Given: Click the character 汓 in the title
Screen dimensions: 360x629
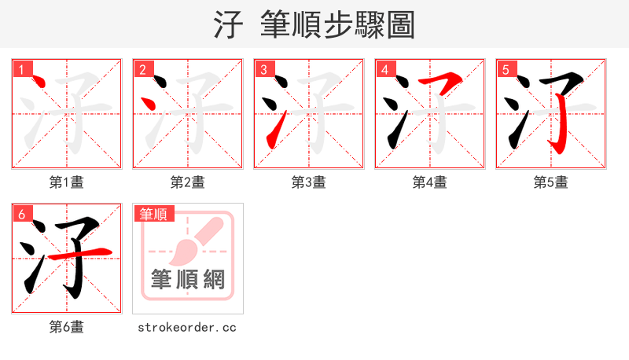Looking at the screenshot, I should click(229, 24).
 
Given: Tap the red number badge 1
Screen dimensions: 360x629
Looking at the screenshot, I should click(21, 69).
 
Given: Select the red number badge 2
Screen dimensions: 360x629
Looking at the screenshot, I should click(142, 69).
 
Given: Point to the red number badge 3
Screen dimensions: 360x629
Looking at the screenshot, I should click(263, 69).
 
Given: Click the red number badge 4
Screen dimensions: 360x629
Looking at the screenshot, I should click(384, 69).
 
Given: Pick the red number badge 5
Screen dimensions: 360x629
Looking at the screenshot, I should click(506, 69).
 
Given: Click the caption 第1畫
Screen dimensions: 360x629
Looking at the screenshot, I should click(66, 182).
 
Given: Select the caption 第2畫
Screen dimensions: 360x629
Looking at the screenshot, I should click(187, 182).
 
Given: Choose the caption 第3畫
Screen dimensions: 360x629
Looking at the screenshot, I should click(308, 182).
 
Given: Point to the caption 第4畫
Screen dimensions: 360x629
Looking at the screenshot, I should click(429, 182).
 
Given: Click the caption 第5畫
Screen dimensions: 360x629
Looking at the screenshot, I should click(550, 182).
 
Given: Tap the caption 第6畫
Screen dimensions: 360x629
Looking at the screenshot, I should click(66, 327).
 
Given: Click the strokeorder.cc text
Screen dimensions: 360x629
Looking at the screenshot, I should click(187, 327).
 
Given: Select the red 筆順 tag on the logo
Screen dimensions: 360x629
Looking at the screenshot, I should click(155, 214).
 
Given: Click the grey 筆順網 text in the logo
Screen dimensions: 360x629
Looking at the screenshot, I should click(187, 279).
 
